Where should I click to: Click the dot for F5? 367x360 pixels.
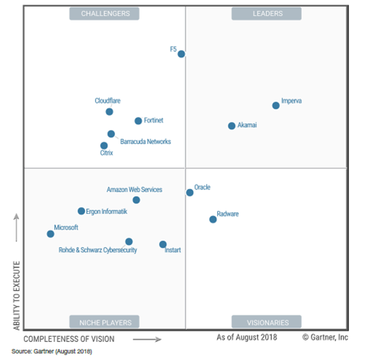pos(181,54)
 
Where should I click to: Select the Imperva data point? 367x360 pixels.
pos(276,106)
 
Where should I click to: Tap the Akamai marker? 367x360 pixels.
pos(232,126)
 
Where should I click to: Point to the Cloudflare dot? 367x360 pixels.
pos(110,112)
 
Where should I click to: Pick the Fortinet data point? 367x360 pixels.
pos(139,121)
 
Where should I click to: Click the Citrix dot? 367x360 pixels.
pos(104,145)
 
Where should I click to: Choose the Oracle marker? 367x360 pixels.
pos(190,193)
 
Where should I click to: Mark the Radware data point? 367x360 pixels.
pos(213,219)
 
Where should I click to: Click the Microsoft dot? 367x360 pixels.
pos(51,234)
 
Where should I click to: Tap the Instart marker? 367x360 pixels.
pos(163,245)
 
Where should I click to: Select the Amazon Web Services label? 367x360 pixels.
pos(134,190)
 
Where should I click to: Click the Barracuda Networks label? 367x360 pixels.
pos(145,142)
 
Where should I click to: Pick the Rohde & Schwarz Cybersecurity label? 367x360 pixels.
pos(98,250)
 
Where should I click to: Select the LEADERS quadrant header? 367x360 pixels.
pos(266,13)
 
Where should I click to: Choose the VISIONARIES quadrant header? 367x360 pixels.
pos(266,322)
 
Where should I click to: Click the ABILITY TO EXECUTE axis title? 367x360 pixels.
pos(16,295)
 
